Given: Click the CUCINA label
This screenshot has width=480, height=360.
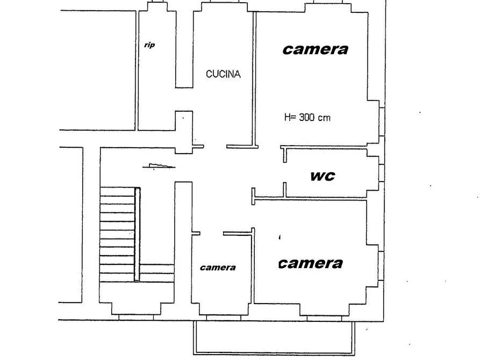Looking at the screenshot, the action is click(223, 74).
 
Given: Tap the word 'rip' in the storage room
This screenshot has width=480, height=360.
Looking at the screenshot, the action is click(149, 45).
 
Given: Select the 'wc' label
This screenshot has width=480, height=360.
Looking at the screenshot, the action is click(323, 176).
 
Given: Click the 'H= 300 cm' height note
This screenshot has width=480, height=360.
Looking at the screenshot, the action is click(307, 117).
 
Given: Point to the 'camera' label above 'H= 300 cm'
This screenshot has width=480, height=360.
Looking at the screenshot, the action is click(316, 49).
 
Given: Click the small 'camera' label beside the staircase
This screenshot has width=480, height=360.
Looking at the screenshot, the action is click(218, 268).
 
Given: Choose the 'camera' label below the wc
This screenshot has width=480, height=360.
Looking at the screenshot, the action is click(310, 264).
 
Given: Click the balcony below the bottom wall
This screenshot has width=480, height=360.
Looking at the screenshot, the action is click(274, 338).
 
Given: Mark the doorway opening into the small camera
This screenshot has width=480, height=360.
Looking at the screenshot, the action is click(212, 234).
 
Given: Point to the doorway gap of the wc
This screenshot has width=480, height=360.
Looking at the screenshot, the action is click(285, 172).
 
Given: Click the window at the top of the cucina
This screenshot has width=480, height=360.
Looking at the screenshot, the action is click(224, 1).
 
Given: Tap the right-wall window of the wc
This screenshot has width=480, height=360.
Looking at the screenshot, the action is click(382, 173).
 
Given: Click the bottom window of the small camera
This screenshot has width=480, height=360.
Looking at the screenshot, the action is click(224, 318).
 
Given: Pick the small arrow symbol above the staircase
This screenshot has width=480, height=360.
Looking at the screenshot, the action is click(159, 166).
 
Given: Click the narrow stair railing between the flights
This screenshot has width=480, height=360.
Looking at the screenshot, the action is click(137, 234).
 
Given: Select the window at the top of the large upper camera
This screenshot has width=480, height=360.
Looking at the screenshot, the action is click(328, 2).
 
